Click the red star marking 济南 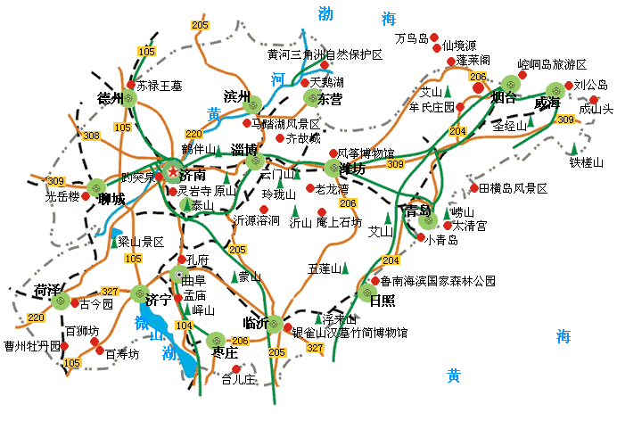tap(172, 170)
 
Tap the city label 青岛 tap(417, 212)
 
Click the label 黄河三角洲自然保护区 tap(325, 54)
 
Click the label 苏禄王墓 tap(160, 87)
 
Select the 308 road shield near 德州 tap(90, 136)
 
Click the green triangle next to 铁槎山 tap(574, 147)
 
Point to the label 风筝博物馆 tap(366, 153)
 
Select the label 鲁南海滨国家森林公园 tap(432, 280)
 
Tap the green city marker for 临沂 tap(276, 323)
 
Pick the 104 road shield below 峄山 tap(185, 326)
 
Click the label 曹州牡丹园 tap(31, 345)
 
